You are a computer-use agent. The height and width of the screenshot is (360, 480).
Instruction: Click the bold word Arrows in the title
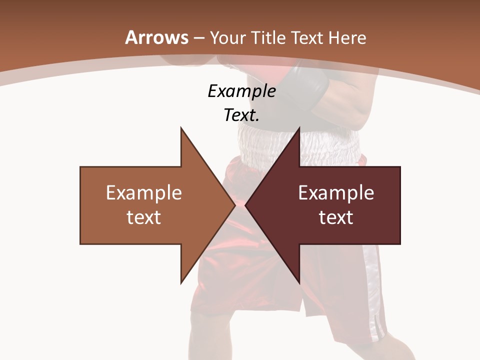point(157,37)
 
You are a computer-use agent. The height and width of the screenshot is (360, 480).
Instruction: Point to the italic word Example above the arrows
point(241,91)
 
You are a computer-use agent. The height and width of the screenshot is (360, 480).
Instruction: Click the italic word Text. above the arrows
point(241,115)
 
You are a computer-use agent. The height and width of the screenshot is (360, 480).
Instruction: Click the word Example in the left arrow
point(144,192)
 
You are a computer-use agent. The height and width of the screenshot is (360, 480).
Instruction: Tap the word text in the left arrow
point(144,217)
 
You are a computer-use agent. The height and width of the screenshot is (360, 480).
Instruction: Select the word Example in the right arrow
point(336,192)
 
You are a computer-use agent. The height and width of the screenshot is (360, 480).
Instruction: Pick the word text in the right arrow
point(336,217)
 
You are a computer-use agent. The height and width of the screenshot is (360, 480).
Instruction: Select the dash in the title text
point(198,38)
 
